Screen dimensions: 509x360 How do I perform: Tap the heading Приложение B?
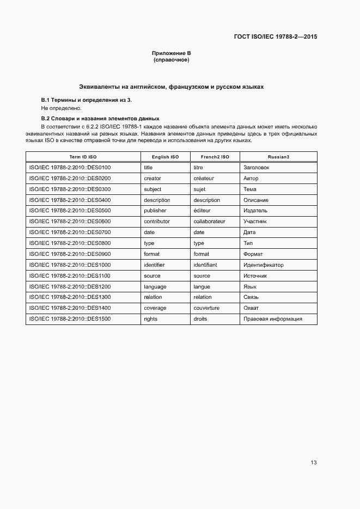pyautogui.click(x=171, y=53)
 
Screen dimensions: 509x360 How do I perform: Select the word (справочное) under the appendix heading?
pyautogui.click(x=171, y=59)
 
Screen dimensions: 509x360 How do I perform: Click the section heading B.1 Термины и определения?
pyautogui.click(x=87, y=100)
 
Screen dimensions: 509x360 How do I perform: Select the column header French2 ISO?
pyautogui.click(x=215, y=157)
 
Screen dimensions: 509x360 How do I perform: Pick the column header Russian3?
pyautogui.click(x=278, y=157)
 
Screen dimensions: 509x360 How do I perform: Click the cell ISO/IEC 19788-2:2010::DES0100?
pyautogui.click(x=70, y=168)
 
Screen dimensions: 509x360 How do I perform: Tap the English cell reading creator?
pyautogui.click(x=152, y=179)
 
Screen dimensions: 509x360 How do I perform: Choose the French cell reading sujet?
pyautogui.click(x=199, y=189)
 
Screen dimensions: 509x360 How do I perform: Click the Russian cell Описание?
pyautogui.click(x=256, y=200)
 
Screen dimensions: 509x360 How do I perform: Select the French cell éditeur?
pyautogui.click(x=202, y=211)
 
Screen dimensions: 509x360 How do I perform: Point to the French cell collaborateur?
pyautogui.click(x=209, y=222)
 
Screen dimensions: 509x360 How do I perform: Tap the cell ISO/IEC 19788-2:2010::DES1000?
pyautogui.click(x=70, y=265)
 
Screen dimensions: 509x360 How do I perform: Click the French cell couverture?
pyautogui.click(x=206, y=308)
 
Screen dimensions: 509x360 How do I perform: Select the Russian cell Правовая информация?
pyautogui.click(x=272, y=319)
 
